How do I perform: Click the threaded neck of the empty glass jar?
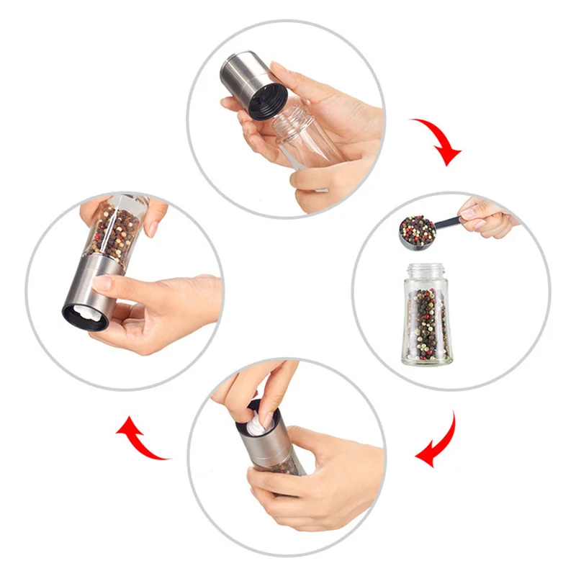click(292, 122)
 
